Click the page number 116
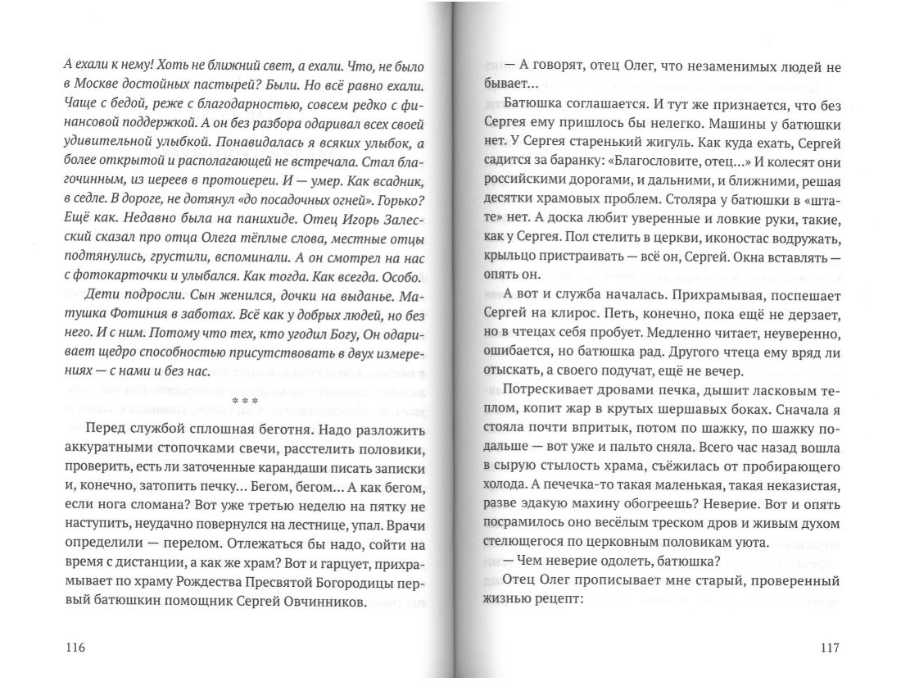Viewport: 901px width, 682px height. tap(74, 648)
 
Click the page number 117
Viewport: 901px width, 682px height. tap(830, 648)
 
